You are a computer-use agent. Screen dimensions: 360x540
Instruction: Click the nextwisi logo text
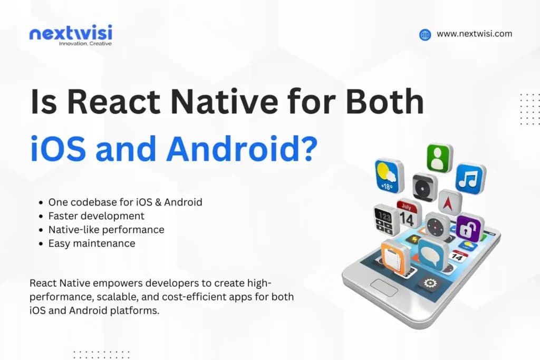click(71, 33)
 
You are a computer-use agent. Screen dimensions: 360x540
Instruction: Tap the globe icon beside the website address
click(425, 35)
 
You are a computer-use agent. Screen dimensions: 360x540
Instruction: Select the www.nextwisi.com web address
click(474, 34)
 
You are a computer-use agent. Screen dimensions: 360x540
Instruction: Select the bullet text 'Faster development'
click(96, 216)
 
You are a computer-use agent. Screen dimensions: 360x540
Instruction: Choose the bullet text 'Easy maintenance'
click(92, 243)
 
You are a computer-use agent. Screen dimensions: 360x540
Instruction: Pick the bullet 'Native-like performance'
click(106, 229)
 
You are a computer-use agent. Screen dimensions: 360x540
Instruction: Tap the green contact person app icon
click(439, 158)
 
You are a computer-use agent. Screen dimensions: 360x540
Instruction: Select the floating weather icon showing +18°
click(389, 176)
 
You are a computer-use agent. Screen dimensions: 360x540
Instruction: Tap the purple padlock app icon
click(469, 228)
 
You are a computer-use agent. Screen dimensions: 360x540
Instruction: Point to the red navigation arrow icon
click(450, 202)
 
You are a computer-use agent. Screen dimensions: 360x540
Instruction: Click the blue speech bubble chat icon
click(433, 255)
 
